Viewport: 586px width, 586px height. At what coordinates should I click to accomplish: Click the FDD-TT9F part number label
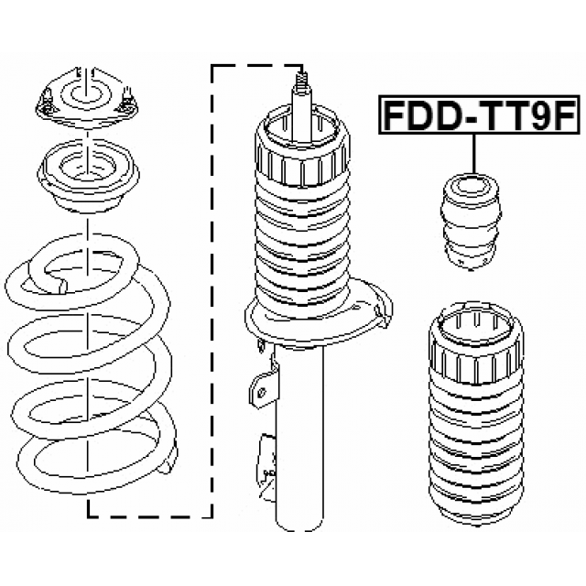tap(479, 114)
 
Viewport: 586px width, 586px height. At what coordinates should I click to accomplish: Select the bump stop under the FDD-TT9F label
tap(471, 222)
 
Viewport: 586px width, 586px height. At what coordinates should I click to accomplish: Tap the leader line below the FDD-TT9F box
tap(474, 153)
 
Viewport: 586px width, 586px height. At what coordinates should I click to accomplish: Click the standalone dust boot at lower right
tap(476, 414)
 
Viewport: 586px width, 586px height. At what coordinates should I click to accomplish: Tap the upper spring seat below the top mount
tap(88, 175)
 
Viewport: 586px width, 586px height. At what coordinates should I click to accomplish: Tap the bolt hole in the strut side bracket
tap(262, 393)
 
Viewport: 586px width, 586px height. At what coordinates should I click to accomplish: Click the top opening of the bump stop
tap(470, 185)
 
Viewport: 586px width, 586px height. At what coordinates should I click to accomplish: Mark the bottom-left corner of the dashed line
tap(88, 517)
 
